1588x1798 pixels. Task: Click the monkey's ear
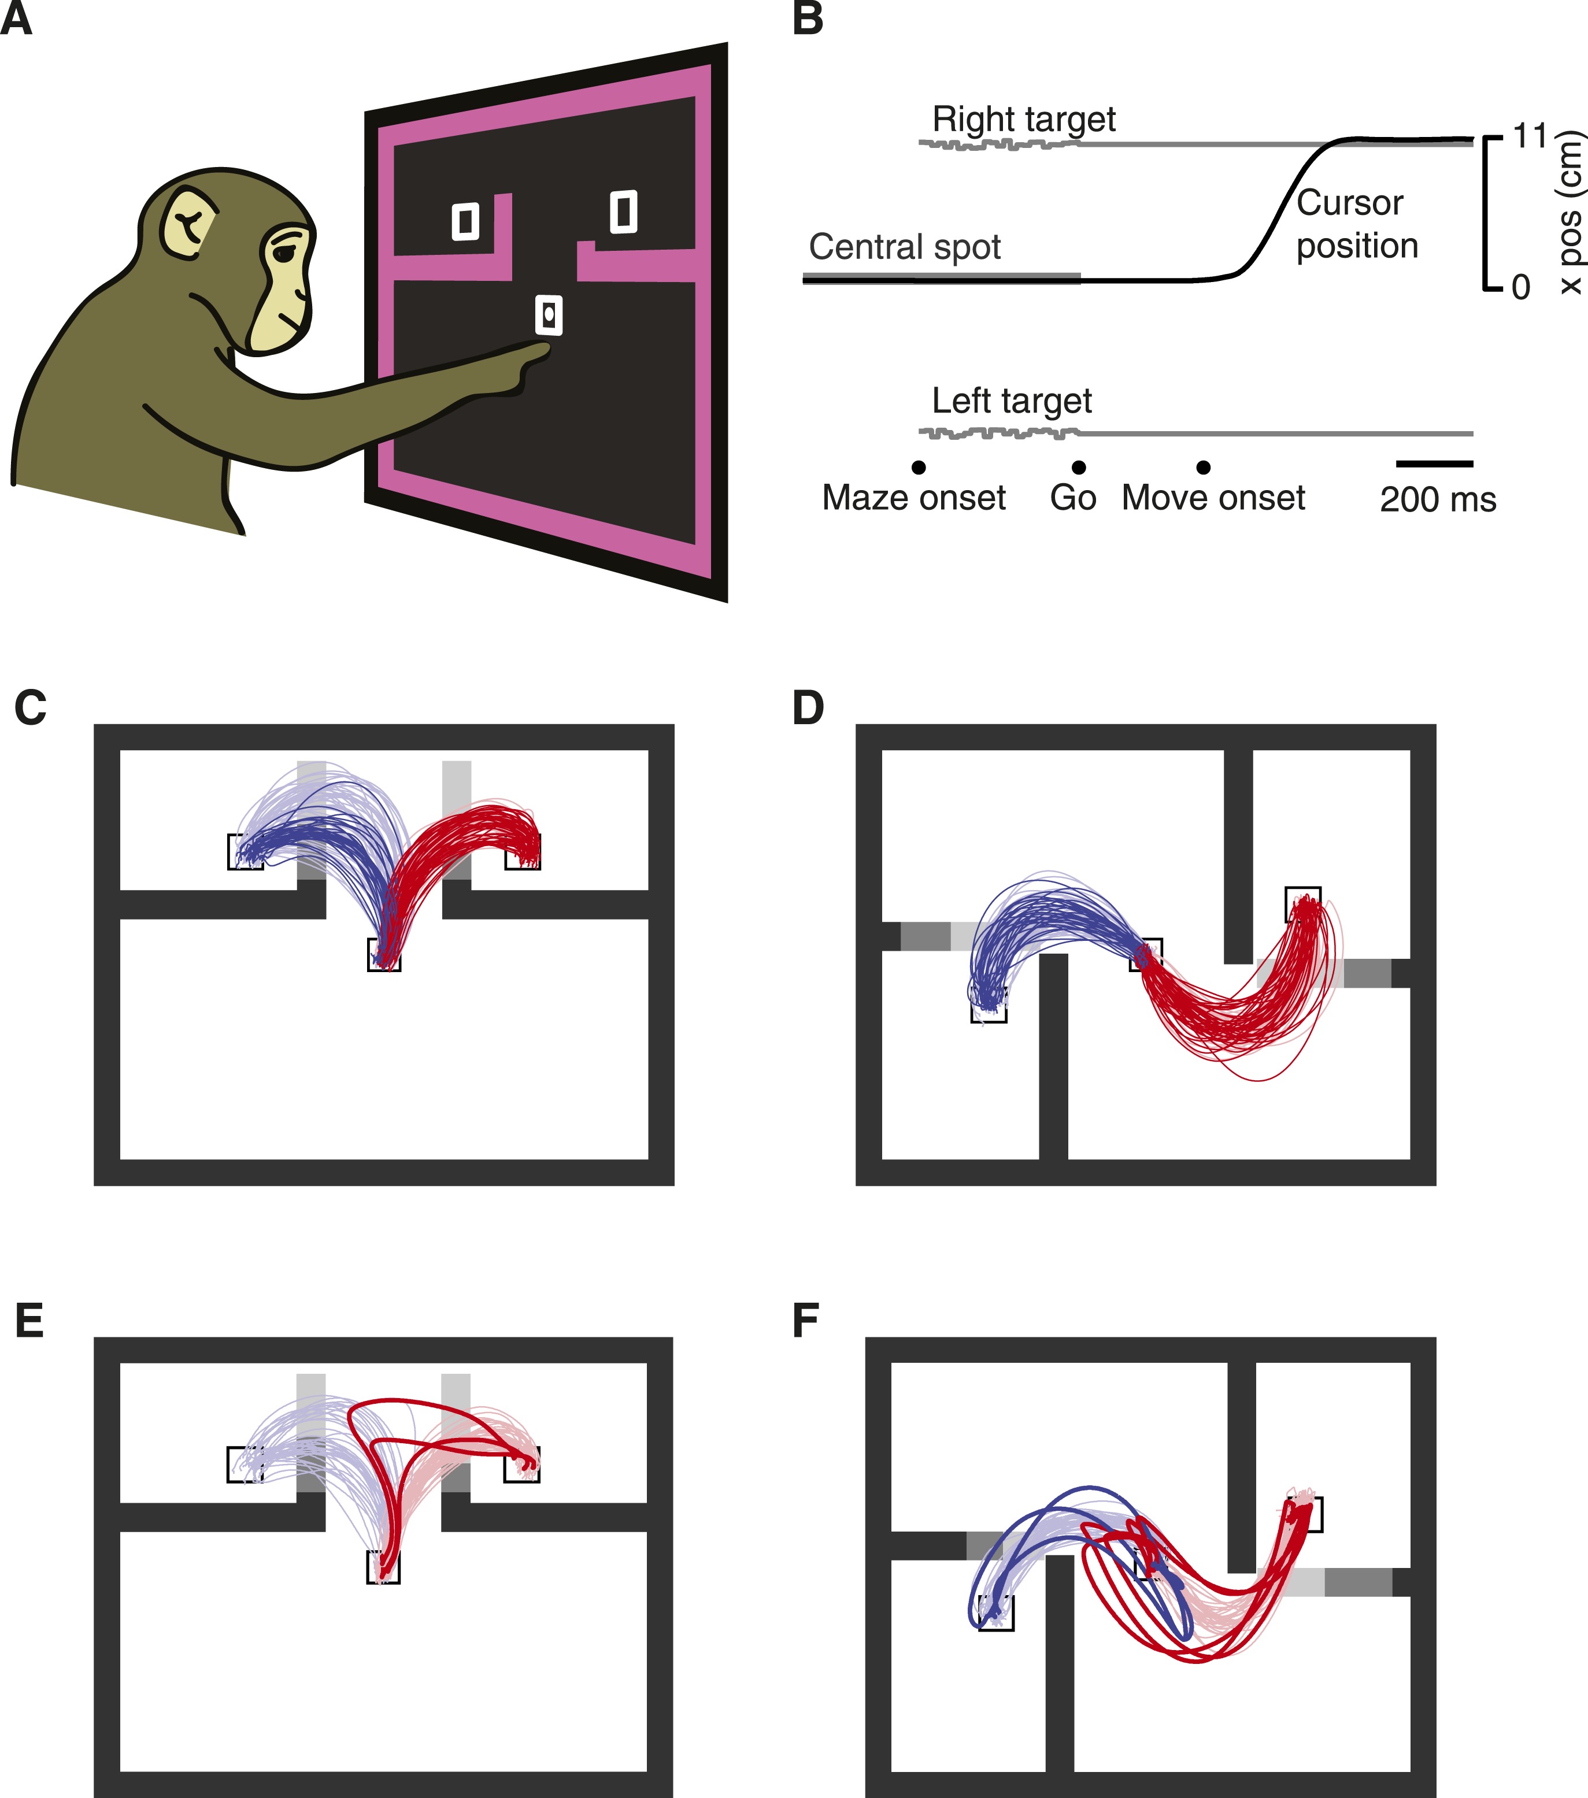[187, 224]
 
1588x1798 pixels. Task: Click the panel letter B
[808, 19]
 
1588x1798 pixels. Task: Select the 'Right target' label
[1023, 118]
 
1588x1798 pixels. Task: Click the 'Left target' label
[1011, 401]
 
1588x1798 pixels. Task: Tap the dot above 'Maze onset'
[919, 467]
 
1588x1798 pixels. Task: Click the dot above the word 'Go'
[1079, 467]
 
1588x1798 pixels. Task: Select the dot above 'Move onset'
[1204, 467]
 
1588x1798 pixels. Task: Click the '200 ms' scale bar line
[1434, 464]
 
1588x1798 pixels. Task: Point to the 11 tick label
[1529, 136]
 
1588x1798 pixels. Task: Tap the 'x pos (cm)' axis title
[1569, 212]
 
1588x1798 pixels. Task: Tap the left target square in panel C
[245, 851]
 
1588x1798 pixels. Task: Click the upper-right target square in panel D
[1303, 903]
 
